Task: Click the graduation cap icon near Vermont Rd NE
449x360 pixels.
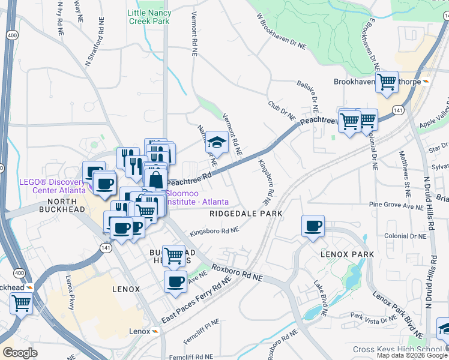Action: pos(217,142)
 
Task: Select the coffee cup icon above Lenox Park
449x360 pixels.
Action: pos(313,226)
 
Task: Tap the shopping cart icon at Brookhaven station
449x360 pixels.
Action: pos(387,82)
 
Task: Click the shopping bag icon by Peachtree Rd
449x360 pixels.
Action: pos(155,179)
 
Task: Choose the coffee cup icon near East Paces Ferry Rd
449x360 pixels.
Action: pos(175,281)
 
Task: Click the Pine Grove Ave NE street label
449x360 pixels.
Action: pos(397,205)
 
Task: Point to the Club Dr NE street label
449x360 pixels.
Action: pos(283,110)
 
